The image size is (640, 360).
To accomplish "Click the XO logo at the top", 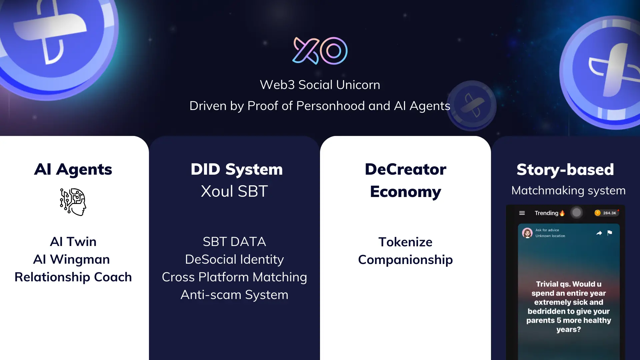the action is [320, 51].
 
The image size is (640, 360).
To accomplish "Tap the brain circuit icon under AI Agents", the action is [73, 202].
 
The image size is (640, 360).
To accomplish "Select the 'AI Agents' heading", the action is [73, 169].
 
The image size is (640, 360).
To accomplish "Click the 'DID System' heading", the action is [237, 169].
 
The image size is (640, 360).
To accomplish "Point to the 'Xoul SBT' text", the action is [234, 191].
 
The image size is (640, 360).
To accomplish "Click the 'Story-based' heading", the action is [565, 170].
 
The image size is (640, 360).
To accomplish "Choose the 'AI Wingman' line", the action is [71, 259].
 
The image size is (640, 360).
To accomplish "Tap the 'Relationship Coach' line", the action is [73, 277].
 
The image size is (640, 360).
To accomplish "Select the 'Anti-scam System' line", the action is [234, 295].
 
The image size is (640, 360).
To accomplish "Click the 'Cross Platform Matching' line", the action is [234, 277].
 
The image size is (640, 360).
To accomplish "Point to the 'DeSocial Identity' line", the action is [234, 259].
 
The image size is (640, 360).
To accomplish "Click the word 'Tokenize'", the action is [405, 242].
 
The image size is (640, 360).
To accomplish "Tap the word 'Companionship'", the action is [405, 260].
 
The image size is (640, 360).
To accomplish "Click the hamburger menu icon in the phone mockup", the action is [522, 213].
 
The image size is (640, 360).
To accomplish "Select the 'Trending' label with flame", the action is [550, 213].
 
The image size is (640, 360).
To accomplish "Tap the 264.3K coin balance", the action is [606, 213].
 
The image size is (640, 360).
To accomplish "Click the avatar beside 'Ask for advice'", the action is [527, 233].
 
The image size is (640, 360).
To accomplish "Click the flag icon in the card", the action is [610, 233].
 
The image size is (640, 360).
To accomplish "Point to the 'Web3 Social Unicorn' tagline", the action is [320, 85].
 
